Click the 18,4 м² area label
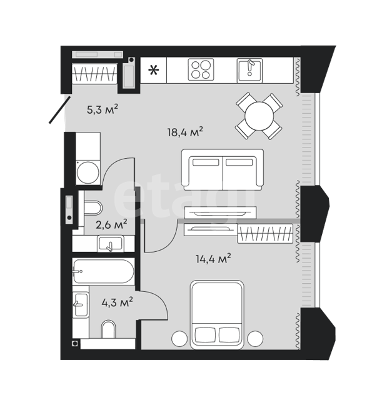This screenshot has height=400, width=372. tap(185, 132)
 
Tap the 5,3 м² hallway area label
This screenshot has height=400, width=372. tap(103, 109)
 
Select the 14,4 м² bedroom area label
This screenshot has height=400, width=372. tap(213, 259)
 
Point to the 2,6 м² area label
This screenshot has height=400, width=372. tap(111, 224)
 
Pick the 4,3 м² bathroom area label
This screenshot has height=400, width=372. tap(117, 302)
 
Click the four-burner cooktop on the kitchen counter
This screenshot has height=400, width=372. tap(201, 69)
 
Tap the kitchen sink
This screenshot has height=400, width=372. tap(249, 70)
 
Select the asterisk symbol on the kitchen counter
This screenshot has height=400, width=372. tap(154, 70)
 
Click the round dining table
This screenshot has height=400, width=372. tap(259, 116)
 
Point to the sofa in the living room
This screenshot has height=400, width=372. tap(222, 169)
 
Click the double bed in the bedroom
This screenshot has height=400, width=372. tap(217, 314)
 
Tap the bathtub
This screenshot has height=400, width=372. tap(103, 271)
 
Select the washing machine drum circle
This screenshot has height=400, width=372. tap(88, 172)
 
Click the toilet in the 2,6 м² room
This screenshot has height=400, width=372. tap(93, 208)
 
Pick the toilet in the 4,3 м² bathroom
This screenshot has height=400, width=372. tap(108, 329)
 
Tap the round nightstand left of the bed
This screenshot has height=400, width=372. tap(179, 339)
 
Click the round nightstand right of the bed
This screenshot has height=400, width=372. tap(255, 339)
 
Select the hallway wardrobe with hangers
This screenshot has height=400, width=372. tap(94, 74)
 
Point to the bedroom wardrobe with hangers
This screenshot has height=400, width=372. tap(265, 233)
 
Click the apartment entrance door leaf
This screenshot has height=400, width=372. tap(59, 110)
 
